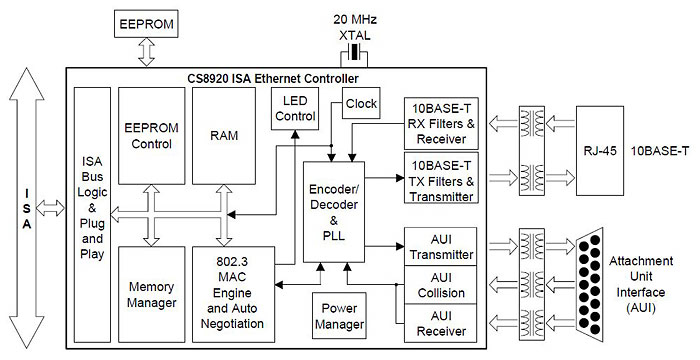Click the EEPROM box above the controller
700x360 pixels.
coord(148,21)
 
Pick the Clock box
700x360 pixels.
coord(360,103)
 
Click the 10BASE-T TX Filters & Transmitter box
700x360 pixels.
coord(441,180)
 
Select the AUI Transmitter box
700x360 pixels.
coord(441,247)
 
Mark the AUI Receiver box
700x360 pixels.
coord(441,321)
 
